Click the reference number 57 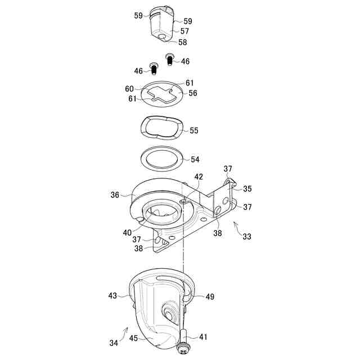click(x=185, y=31)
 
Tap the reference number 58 click(x=183, y=42)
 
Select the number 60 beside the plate click(x=129, y=88)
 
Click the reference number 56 click(x=193, y=93)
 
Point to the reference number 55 click(x=194, y=130)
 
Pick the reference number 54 click(x=195, y=160)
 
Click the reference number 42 click(x=199, y=176)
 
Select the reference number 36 click(x=115, y=195)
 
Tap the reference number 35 click(x=247, y=189)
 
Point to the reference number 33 click(x=247, y=237)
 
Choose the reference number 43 click(x=112, y=295)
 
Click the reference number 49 click(x=210, y=296)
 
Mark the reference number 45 click(x=133, y=338)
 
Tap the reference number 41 click(x=203, y=337)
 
